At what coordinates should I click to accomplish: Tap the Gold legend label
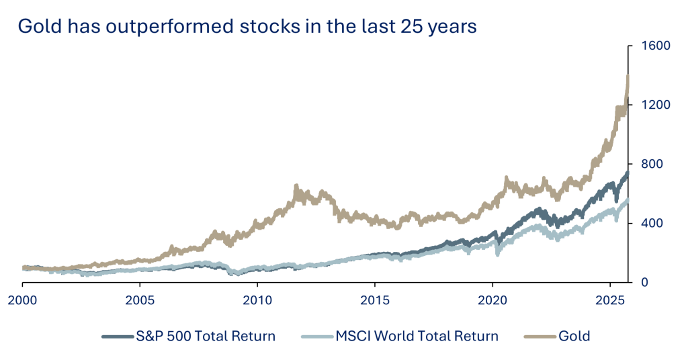pos(574,336)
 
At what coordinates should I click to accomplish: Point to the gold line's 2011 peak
pos(296,186)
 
